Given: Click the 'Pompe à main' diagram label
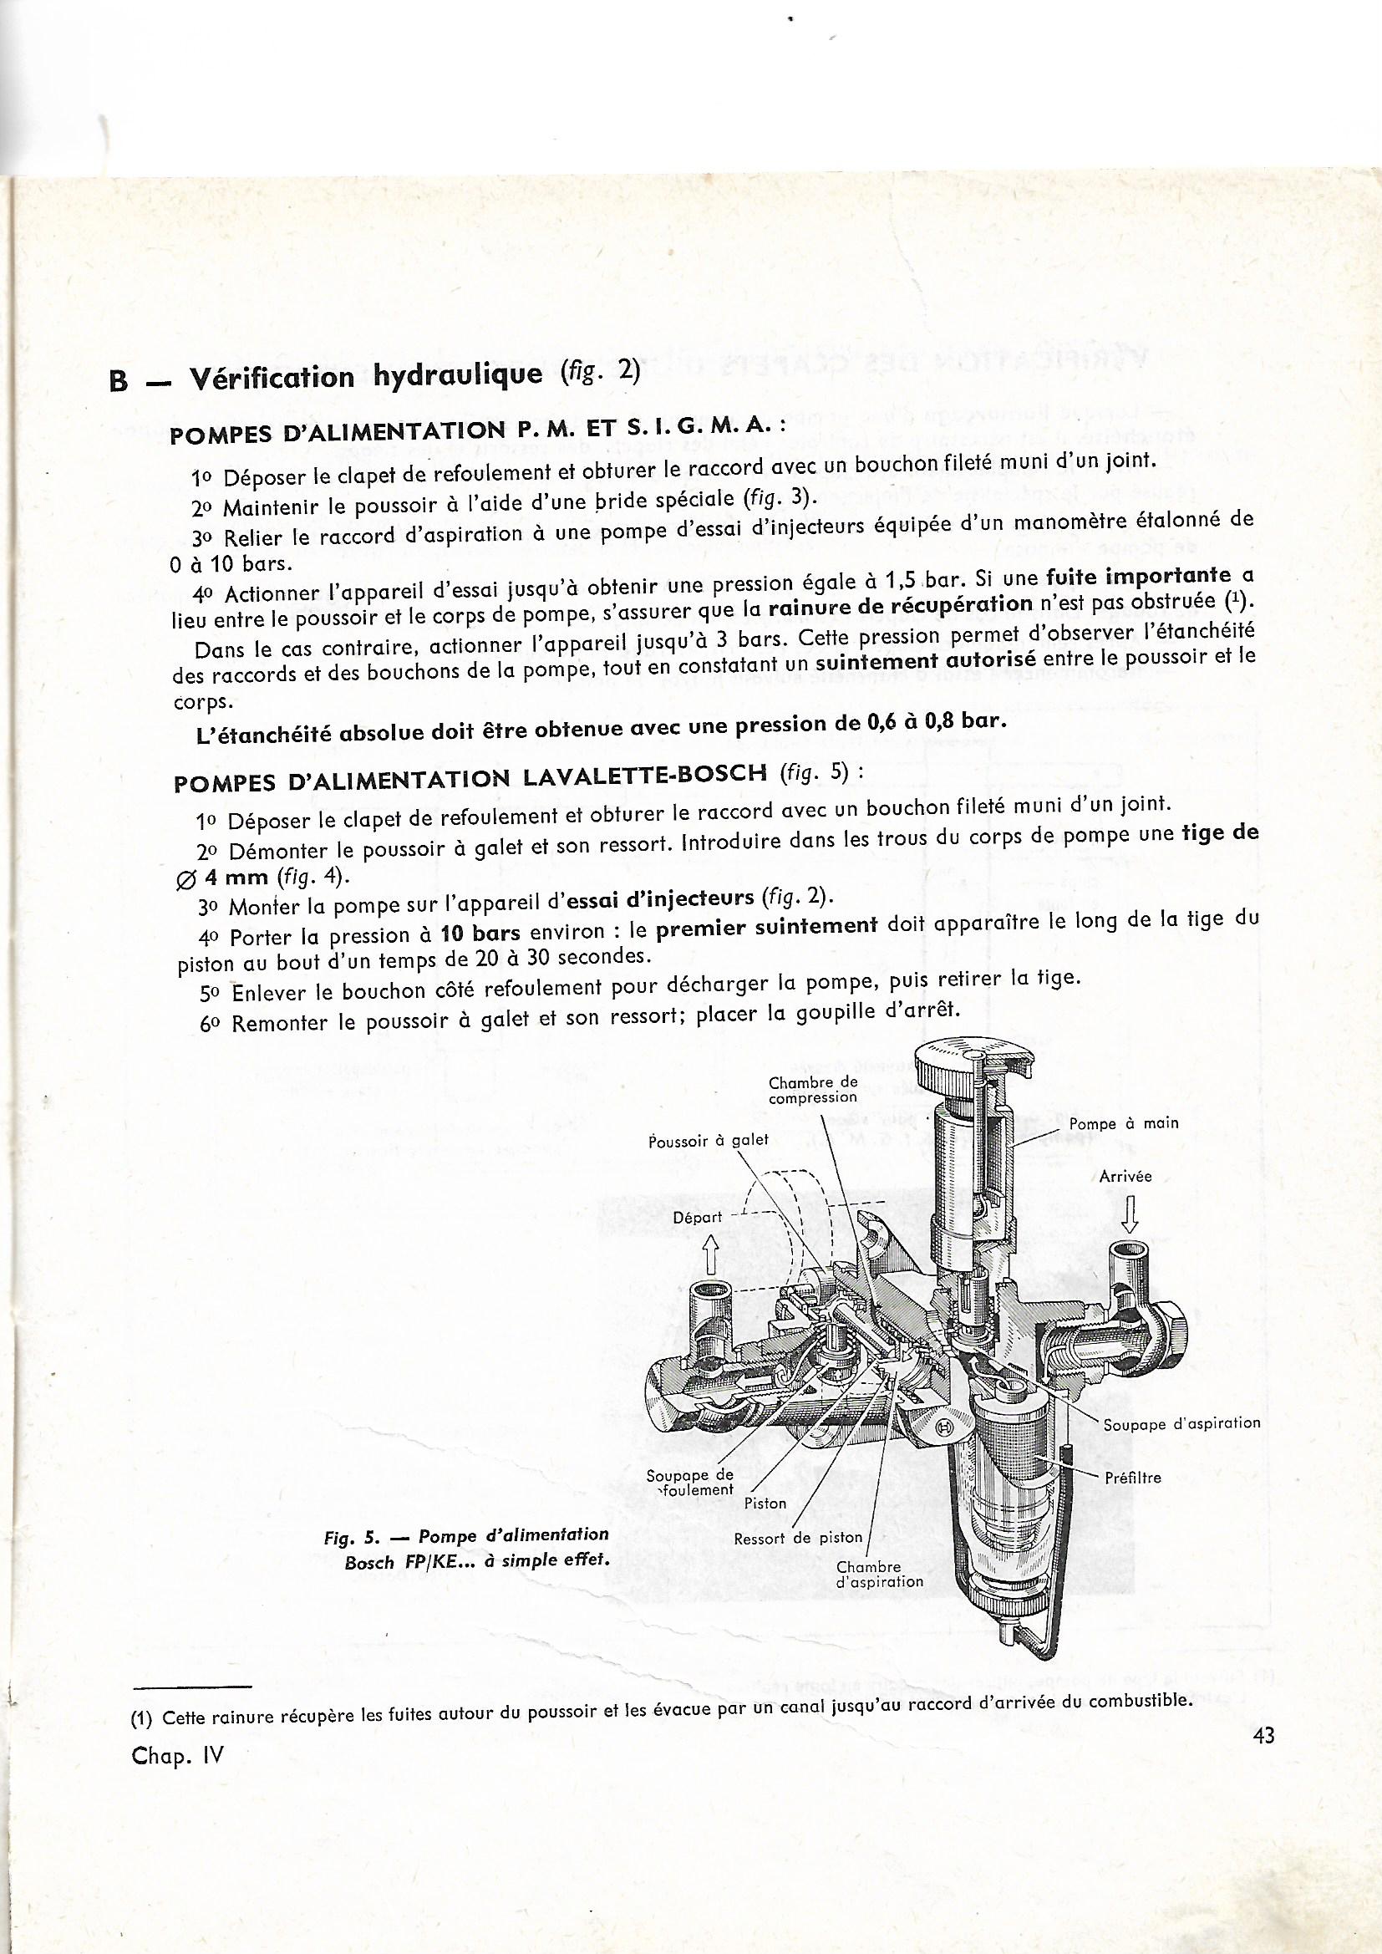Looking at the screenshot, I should [x=1123, y=1122].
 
